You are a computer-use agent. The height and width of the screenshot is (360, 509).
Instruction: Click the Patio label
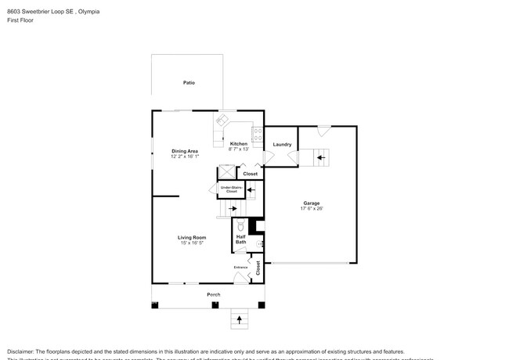[x=189, y=82]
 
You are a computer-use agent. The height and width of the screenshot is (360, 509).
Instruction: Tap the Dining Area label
[x=185, y=150]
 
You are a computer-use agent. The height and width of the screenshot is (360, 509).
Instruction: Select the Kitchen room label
[x=238, y=144]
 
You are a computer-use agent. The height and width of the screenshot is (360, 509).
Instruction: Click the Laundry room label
[x=282, y=144]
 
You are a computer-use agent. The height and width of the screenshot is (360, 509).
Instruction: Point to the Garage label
[x=311, y=203]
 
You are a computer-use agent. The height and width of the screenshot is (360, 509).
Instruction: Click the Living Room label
[x=191, y=237]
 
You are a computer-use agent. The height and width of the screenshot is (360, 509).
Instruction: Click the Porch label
[x=213, y=294]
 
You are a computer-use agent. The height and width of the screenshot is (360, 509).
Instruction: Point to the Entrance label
[x=240, y=268]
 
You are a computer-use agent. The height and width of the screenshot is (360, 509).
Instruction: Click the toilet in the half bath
[x=242, y=226]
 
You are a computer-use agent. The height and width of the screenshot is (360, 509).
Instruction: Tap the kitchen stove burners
[x=257, y=133]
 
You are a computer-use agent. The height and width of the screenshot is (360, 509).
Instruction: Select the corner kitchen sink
[x=222, y=121]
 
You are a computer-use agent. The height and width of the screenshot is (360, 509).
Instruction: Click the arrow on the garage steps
[x=321, y=157]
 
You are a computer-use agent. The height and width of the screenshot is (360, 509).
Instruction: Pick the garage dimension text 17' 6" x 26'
[x=311, y=209]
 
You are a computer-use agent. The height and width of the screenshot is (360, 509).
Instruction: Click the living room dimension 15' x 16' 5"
[x=191, y=243]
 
